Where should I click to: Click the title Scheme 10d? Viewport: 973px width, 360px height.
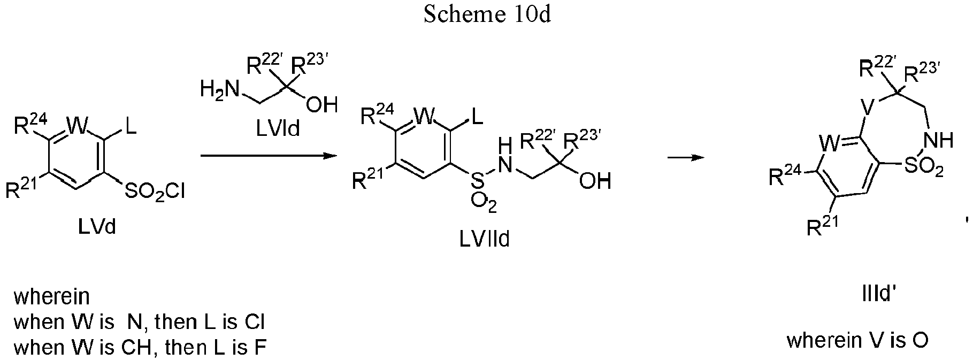coord(487,14)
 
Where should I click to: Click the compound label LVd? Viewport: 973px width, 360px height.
coord(97,227)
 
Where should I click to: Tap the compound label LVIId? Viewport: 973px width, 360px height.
coord(485,239)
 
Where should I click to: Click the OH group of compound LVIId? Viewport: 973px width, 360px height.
coord(595,181)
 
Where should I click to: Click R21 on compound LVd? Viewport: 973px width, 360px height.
coord(21,188)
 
